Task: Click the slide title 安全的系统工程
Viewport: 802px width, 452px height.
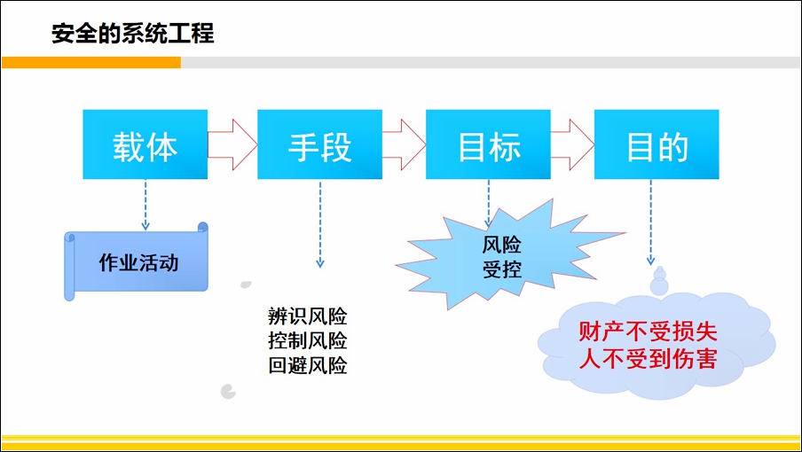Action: (x=132, y=34)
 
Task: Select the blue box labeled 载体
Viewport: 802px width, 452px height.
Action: (x=145, y=144)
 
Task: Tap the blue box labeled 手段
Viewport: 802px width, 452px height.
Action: (x=319, y=144)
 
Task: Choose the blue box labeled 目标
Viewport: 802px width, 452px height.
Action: (x=488, y=144)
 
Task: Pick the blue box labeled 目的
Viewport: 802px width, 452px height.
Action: (x=657, y=144)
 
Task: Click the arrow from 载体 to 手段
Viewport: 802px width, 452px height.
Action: (x=232, y=144)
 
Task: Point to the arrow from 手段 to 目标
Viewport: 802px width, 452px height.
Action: (x=404, y=144)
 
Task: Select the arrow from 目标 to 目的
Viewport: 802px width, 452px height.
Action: (x=572, y=144)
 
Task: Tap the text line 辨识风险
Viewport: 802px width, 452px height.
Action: (x=307, y=316)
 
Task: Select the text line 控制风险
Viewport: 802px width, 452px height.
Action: (x=307, y=340)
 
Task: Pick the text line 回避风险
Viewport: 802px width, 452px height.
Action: (x=307, y=365)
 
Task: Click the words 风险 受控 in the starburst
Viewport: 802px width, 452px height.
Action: (x=502, y=257)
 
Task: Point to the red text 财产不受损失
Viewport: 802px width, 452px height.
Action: (x=648, y=332)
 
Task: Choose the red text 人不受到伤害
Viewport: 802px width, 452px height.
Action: (x=648, y=359)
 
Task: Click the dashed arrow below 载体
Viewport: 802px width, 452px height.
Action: (x=145, y=205)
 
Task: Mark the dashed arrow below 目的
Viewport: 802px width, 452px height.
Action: (x=650, y=222)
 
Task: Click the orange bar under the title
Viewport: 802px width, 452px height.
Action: (x=91, y=62)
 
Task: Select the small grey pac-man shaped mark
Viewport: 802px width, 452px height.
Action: (x=228, y=392)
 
